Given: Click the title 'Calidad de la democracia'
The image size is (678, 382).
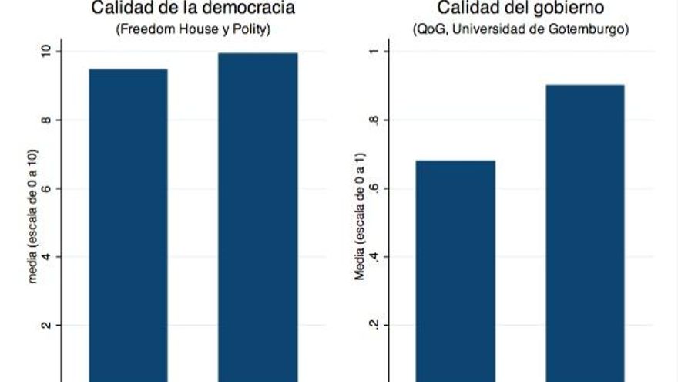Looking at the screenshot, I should click(193, 9).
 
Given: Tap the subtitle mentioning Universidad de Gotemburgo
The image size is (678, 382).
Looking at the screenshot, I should click(522, 30).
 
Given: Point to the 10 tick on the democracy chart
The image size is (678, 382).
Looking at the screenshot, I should click(47, 52).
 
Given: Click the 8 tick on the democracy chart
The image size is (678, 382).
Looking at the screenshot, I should click(47, 120).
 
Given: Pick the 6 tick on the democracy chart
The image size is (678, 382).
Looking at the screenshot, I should click(47, 189).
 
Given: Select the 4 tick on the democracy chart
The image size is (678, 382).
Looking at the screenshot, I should click(47, 257).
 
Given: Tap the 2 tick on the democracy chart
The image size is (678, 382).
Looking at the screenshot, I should click(47, 325).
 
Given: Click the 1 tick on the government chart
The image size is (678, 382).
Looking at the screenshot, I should click(374, 52).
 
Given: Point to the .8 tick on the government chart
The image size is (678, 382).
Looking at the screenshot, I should click(374, 120).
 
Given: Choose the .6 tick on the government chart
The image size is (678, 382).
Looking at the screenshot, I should click(374, 189).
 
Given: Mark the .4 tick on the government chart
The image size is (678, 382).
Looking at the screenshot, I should click(374, 257).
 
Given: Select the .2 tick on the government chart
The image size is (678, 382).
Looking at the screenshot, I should click(374, 325).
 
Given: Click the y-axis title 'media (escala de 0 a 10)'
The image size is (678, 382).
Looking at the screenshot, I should click(33, 228).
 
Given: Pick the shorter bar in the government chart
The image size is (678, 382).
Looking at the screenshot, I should click(455, 270).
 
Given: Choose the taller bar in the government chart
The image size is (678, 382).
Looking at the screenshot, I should click(585, 232).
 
